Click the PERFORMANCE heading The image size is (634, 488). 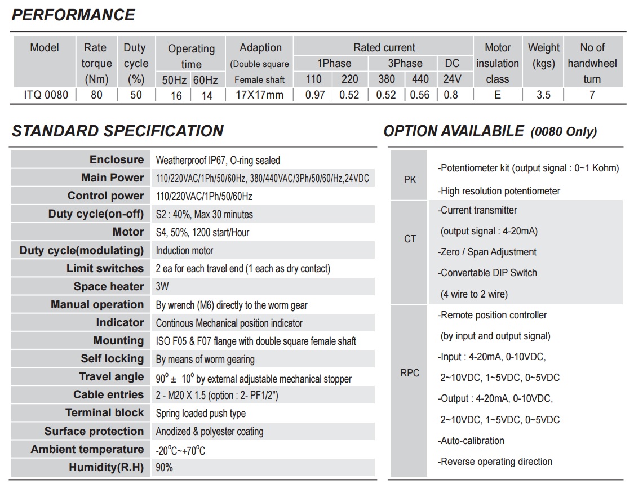pyautogui.click(x=73, y=15)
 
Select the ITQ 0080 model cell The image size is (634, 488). pyautogui.click(x=46, y=95)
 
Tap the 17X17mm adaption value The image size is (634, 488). pyautogui.click(x=259, y=95)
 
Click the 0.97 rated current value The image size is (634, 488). pyautogui.click(x=315, y=95)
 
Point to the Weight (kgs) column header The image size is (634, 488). pyautogui.click(x=543, y=55)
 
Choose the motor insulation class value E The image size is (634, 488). pyautogui.click(x=497, y=95)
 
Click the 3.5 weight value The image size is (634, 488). pyautogui.click(x=543, y=95)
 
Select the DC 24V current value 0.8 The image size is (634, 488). pyautogui.click(x=451, y=95)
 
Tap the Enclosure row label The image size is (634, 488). pyautogui.click(x=117, y=160)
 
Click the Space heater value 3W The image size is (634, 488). pyautogui.click(x=162, y=287)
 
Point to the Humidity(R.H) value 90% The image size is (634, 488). pyautogui.click(x=165, y=468)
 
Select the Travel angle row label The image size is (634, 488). pyautogui.click(x=111, y=377)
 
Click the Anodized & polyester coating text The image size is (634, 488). pyautogui.click(x=210, y=432)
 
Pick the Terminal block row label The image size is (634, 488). pyautogui.click(x=104, y=413)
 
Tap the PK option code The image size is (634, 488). pyautogui.click(x=410, y=180)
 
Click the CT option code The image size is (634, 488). pyautogui.click(x=410, y=239)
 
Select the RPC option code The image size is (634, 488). pyautogui.click(x=410, y=373)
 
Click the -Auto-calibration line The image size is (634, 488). pyautogui.click(x=471, y=441)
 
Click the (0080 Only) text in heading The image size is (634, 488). pyautogui.click(x=564, y=132)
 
